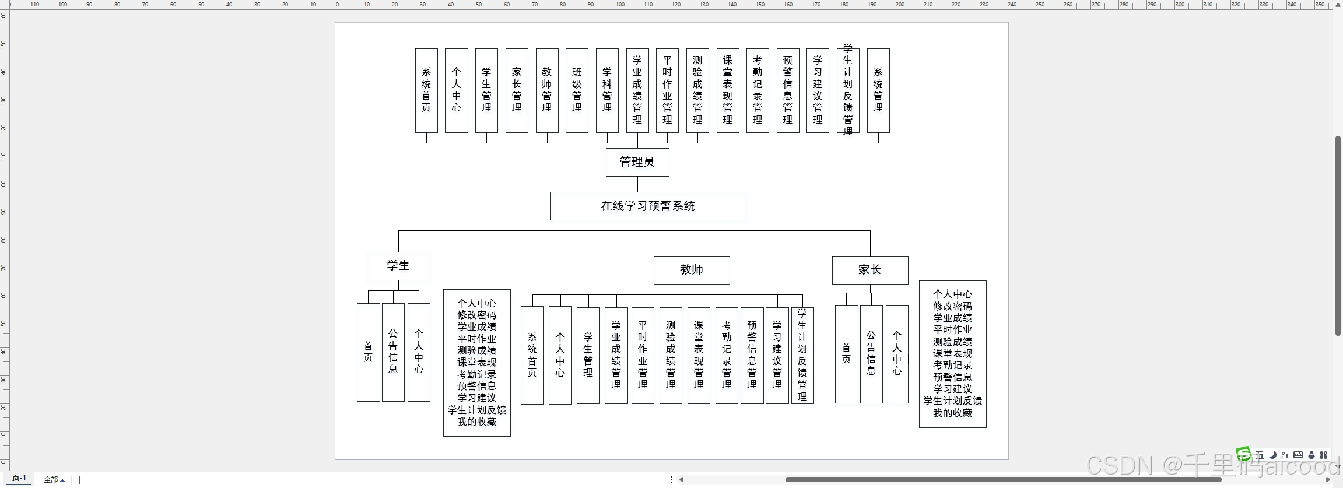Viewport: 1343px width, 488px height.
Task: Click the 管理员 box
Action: click(x=637, y=162)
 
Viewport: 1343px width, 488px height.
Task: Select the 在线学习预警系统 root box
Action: click(x=648, y=206)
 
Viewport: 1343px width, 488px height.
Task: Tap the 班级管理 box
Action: click(x=577, y=90)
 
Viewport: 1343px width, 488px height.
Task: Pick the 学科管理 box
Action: click(x=607, y=90)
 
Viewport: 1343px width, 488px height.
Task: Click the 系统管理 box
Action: click(x=878, y=90)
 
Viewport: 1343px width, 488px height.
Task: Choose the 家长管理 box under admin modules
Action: click(x=517, y=90)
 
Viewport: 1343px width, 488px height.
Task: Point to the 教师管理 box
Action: click(x=546, y=90)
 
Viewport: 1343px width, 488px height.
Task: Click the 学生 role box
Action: click(x=398, y=266)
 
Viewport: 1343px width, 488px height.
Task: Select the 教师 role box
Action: click(x=691, y=270)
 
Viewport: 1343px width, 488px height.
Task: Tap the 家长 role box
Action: click(x=869, y=270)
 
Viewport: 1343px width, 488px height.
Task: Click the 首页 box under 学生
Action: click(x=368, y=352)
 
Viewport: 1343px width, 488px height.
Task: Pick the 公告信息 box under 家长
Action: click(x=871, y=353)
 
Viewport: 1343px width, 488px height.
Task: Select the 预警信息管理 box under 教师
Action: click(x=752, y=355)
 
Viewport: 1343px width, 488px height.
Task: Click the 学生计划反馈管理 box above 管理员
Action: click(x=847, y=90)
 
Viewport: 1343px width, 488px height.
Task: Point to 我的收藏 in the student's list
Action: click(x=476, y=422)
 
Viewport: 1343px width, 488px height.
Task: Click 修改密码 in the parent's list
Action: click(x=952, y=306)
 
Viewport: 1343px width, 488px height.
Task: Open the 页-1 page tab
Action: click(x=19, y=478)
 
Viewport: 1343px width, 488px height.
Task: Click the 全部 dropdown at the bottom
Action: click(x=54, y=480)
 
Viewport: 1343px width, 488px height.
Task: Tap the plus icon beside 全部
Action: click(x=80, y=480)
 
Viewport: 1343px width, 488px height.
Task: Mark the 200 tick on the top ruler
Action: click(x=900, y=5)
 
